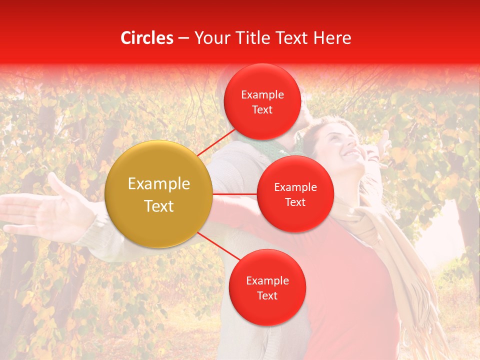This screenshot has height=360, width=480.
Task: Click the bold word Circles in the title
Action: click(146, 38)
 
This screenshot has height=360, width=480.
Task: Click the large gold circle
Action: click(159, 194)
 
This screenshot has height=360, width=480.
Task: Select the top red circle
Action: click(262, 102)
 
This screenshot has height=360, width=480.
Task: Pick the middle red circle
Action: click(295, 194)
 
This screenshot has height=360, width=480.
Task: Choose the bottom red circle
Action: click(267, 288)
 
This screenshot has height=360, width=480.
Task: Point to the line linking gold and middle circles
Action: click(235, 194)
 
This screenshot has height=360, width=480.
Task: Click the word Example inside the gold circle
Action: click(159, 184)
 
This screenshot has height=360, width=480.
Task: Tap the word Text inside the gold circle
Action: click(159, 206)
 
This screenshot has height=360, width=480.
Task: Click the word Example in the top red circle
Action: click(262, 95)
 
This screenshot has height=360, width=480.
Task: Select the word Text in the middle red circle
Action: click(295, 202)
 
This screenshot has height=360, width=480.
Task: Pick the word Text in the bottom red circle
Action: click(267, 295)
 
